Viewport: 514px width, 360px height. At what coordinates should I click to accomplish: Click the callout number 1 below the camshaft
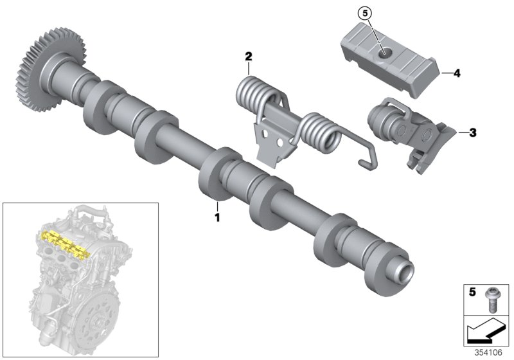click(x=217, y=218)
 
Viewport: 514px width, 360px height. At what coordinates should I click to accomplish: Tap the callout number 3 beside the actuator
click(x=473, y=133)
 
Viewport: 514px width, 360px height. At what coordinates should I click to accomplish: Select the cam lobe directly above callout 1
click(x=216, y=177)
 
